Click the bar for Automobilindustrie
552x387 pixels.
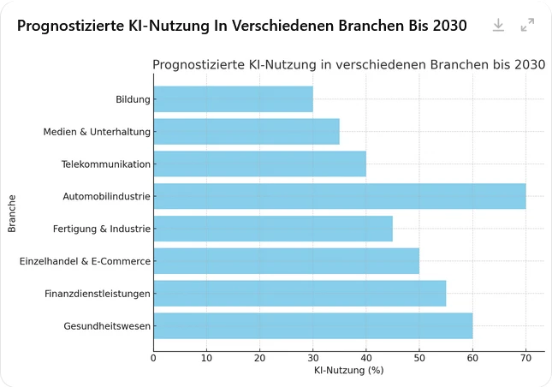point(339,196)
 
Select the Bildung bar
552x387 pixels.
point(233,99)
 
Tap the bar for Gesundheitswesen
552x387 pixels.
point(312,325)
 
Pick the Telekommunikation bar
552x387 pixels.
point(259,164)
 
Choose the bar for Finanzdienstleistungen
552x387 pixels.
point(300,294)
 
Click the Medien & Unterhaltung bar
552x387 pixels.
point(246,132)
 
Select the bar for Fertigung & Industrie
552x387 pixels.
point(272,229)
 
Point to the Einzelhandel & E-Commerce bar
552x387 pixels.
point(286,261)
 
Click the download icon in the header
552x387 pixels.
point(498,26)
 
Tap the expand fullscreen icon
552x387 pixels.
point(527,26)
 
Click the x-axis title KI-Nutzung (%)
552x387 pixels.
point(348,371)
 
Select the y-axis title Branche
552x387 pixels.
point(12,212)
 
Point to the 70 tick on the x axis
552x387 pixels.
point(525,358)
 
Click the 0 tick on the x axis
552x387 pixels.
point(153,358)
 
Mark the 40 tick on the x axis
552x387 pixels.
point(366,358)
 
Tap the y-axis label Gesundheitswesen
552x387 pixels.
point(107,326)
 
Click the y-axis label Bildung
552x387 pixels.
point(133,99)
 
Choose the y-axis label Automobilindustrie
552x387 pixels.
point(106,197)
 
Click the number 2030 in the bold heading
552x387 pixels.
point(449,26)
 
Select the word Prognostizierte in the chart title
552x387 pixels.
point(197,65)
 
